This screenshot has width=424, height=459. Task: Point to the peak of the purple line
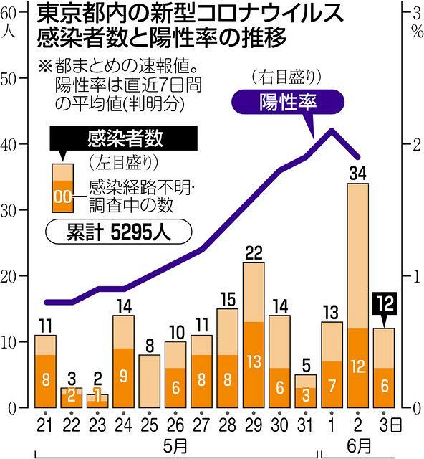pos(331,130)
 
